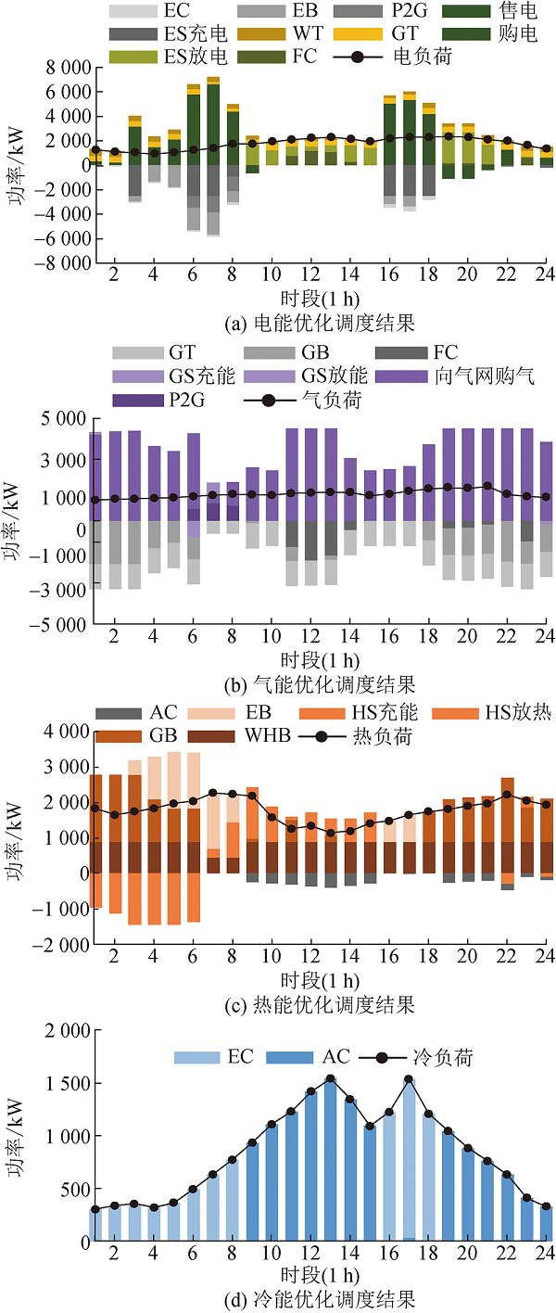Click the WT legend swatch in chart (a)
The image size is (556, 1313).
point(261,34)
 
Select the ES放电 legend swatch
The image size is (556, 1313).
point(133,57)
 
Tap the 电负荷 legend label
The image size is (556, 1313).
point(423,57)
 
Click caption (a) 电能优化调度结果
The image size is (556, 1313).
point(320,323)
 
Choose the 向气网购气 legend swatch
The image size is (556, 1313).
point(401,376)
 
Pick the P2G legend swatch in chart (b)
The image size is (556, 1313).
point(138,401)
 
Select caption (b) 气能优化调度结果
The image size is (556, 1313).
point(320,685)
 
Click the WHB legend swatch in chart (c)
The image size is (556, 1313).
point(211,736)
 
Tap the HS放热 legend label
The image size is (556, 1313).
point(518,712)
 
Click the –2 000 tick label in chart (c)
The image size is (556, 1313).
point(60,945)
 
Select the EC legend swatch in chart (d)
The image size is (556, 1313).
point(197,1057)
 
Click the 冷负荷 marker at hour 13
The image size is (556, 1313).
point(331,1078)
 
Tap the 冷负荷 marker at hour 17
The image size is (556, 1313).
point(409,1078)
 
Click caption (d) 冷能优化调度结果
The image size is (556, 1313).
point(320,1299)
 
